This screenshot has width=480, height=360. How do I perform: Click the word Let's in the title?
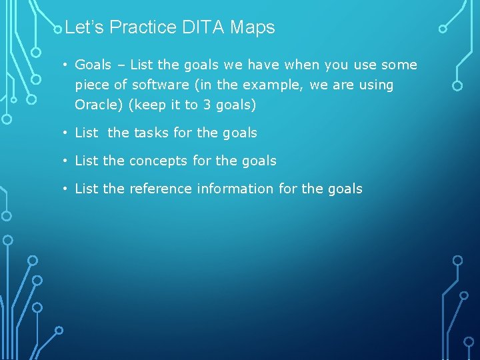click(x=85, y=28)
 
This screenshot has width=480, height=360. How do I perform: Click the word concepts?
click(x=157, y=161)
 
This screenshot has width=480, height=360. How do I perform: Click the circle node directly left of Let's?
click(x=59, y=28)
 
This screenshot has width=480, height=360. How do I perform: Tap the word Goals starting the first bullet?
click(x=93, y=65)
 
